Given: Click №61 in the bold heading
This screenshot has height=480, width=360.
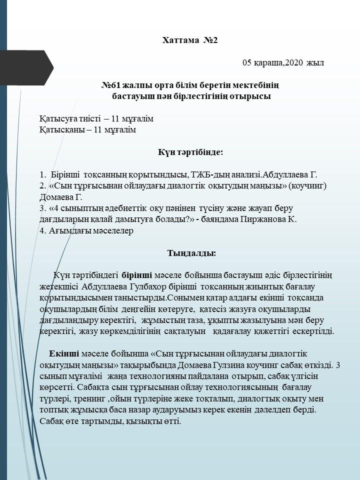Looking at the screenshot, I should [112, 85].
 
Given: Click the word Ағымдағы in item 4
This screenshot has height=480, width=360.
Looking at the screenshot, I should [67, 231].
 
